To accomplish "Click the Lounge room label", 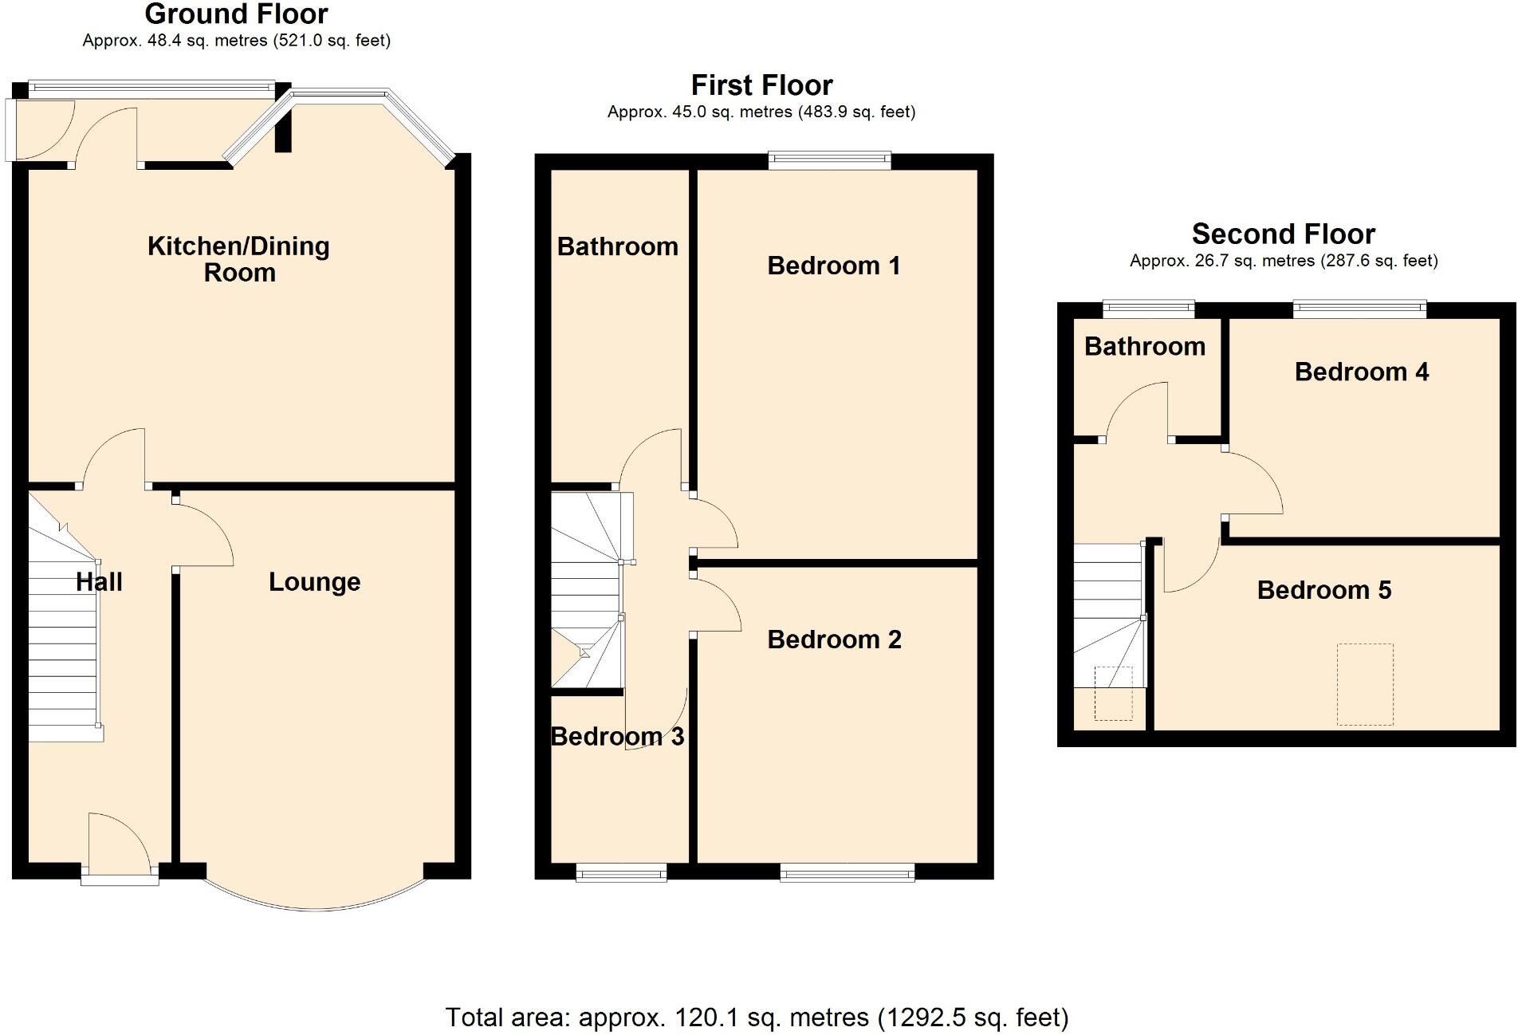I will tap(314, 582).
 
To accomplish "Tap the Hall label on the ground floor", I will tap(99, 582).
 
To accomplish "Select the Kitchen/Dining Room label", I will tap(238, 259).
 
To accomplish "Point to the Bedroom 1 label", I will tap(834, 266).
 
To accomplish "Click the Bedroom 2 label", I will tap(834, 639).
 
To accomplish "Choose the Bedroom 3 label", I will tap(617, 737).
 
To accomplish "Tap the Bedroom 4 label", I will tap(1361, 372).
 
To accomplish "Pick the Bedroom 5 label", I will tap(1323, 590).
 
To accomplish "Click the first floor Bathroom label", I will tap(617, 247).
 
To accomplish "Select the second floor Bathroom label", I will tap(1144, 347).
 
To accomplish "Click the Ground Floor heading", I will tap(236, 14).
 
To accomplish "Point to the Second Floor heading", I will tap(1283, 234).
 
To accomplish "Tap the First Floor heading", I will tap(761, 85).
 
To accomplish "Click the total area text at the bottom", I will tap(757, 1018).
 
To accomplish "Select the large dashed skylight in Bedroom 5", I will tap(1365, 684).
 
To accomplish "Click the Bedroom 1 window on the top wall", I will tap(829, 160).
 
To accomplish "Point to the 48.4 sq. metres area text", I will tap(236, 41).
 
